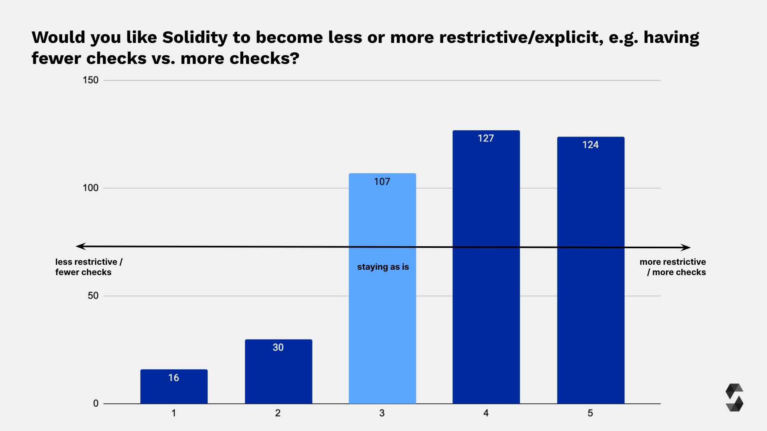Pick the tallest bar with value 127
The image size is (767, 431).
(x=486, y=289)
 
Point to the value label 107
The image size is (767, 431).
(x=382, y=182)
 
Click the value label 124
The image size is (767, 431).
(x=590, y=145)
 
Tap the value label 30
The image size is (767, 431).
(x=278, y=347)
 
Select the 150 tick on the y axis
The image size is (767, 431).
(x=90, y=80)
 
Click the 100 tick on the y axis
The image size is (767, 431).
(x=90, y=188)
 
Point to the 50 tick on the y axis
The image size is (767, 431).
(x=93, y=296)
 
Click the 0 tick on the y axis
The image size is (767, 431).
(x=96, y=403)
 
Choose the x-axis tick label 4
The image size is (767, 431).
(x=486, y=413)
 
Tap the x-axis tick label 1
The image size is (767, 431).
(x=174, y=413)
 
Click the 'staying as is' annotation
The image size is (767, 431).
(x=383, y=267)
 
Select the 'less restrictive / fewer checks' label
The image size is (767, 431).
(x=88, y=267)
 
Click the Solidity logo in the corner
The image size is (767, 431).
(x=734, y=398)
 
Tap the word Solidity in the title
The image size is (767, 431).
(x=195, y=38)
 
